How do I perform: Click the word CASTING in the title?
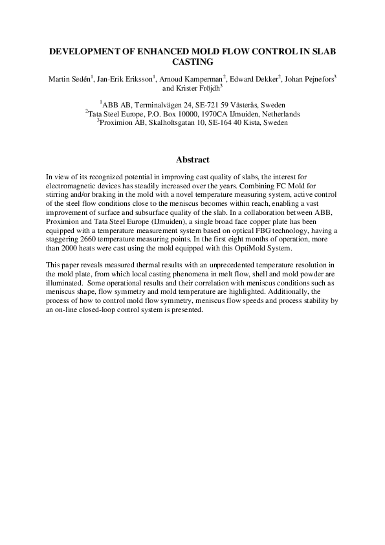click(192, 63)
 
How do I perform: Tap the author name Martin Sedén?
click(69, 79)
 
